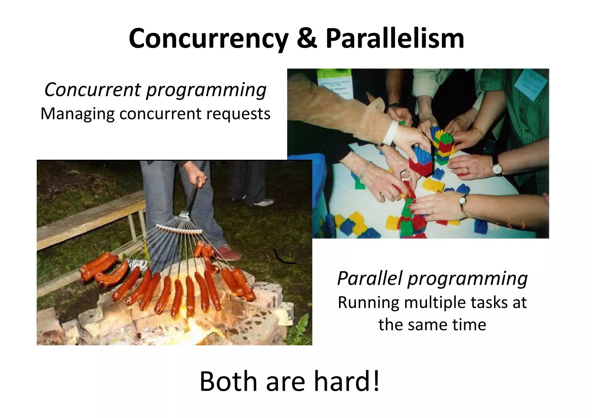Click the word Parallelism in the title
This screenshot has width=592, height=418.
(x=395, y=39)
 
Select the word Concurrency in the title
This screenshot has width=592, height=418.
(x=208, y=39)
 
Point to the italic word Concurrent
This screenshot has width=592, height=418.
(x=92, y=90)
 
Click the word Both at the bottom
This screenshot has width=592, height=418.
(x=228, y=381)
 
